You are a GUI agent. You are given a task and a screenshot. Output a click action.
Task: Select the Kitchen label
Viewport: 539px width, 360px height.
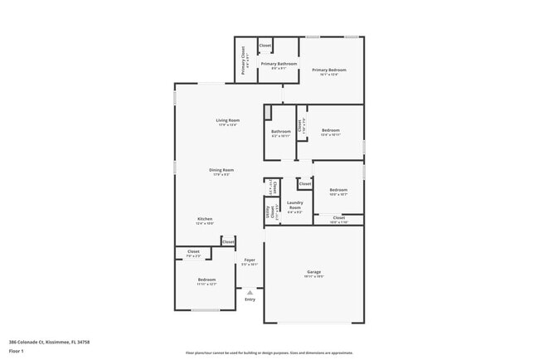tap(205, 219)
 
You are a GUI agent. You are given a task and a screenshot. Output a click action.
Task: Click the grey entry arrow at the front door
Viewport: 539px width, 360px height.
tap(250, 291)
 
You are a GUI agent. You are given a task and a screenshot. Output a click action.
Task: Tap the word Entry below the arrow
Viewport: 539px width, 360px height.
tap(250, 299)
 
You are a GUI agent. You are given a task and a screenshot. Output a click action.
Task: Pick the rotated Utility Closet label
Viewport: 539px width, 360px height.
tap(269, 213)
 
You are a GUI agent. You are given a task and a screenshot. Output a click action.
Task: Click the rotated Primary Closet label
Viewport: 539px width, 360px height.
tap(244, 61)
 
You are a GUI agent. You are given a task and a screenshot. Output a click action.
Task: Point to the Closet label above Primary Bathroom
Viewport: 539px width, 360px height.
tap(265, 46)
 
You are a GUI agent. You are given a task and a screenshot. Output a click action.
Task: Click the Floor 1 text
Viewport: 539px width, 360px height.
tap(17, 352)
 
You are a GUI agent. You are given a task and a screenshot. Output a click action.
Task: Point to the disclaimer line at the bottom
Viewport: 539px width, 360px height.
tap(269, 353)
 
